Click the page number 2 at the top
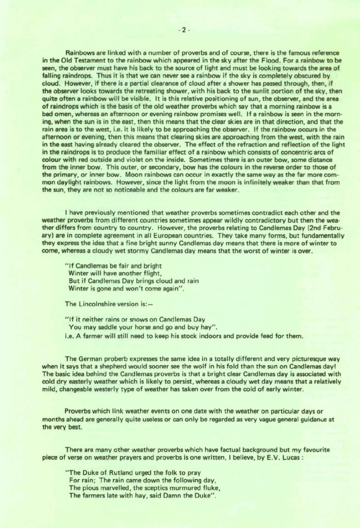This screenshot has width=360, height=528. pyautogui.click(x=183, y=30)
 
